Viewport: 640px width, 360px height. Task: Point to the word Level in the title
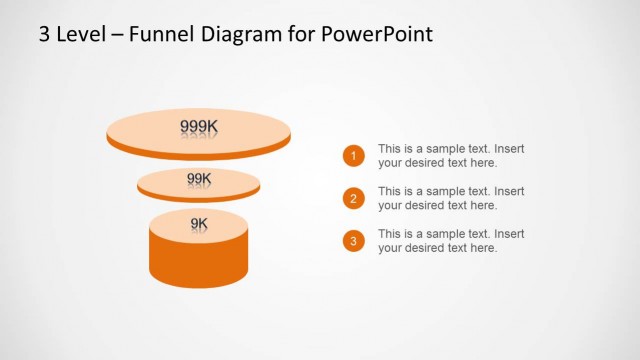[77, 35]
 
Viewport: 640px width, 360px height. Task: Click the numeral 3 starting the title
[44, 35]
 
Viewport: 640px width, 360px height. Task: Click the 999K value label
[198, 126]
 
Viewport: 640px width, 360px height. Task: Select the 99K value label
[199, 179]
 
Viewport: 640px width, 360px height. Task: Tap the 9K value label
[199, 223]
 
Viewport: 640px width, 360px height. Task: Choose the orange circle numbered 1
[352, 156]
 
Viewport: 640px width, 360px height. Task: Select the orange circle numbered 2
[352, 198]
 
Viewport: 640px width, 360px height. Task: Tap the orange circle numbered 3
[352, 241]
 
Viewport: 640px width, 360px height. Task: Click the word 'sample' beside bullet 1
[447, 149]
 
